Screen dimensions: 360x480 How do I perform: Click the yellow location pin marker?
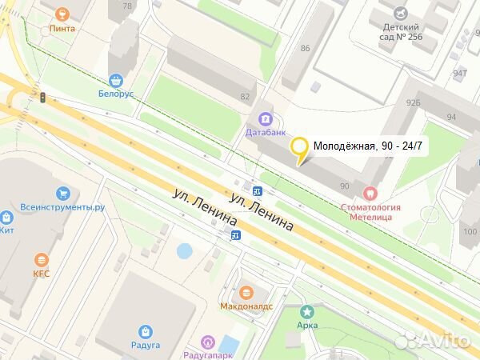[x=299, y=147]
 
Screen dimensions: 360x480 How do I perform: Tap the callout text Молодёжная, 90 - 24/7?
[x=367, y=146]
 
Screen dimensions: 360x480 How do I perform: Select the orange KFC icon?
[x=41, y=260]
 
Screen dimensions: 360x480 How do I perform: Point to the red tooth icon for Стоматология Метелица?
[x=370, y=193]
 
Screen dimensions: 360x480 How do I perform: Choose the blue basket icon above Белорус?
[x=117, y=80]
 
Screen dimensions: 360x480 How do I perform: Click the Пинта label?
[x=62, y=28]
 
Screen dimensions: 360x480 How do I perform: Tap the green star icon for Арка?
[x=306, y=311]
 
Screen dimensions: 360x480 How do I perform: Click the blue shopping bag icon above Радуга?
[x=146, y=331]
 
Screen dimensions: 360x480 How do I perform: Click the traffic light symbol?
[x=42, y=97]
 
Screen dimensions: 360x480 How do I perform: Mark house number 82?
[x=244, y=96]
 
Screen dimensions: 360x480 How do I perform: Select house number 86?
[x=305, y=49]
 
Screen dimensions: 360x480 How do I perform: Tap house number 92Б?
[x=413, y=102]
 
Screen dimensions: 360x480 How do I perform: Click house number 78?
[x=126, y=6]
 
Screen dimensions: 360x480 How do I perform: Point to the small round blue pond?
[x=184, y=250]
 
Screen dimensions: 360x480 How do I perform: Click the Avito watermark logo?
[x=432, y=340]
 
